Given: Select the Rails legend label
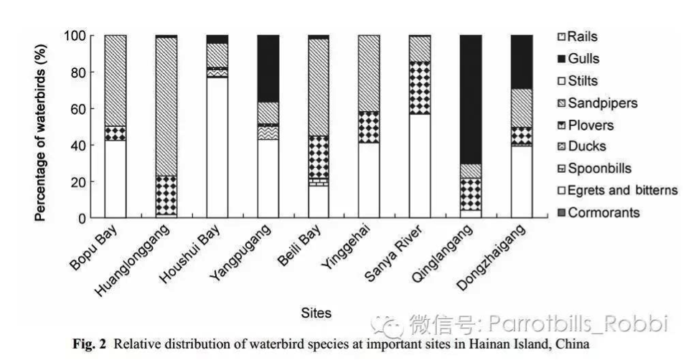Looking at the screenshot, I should tap(583, 37).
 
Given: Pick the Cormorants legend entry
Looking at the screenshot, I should tap(603, 212).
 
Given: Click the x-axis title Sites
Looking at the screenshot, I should tap(316, 313).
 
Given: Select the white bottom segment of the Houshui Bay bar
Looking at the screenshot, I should tap(217, 147).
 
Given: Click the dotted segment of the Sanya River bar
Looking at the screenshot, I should tap(420, 87).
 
